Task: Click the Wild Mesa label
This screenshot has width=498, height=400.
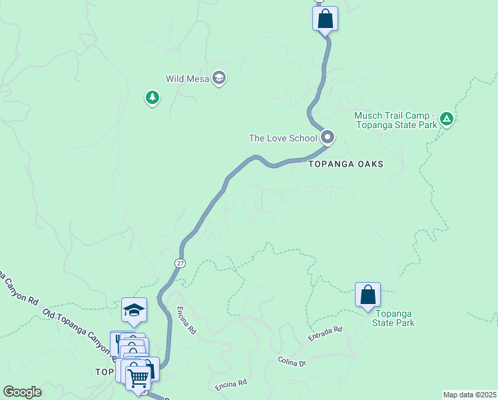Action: click(x=184, y=79)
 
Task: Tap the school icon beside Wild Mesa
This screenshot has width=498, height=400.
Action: click(x=218, y=79)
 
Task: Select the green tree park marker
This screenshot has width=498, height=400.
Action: click(x=152, y=99)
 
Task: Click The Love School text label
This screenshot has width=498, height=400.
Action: click(x=283, y=139)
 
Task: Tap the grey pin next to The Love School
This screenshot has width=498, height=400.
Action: click(x=327, y=137)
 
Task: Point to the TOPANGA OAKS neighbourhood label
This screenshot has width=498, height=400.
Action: click(x=346, y=164)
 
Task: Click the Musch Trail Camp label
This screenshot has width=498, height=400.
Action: click(x=395, y=120)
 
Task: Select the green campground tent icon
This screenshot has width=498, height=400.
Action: click(x=447, y=120)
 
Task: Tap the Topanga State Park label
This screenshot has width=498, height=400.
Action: click(x=395, y=318)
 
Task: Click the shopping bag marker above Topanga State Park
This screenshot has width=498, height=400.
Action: click(x=368, y=295)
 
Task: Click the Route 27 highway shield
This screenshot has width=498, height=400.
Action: click(x=180, y=263)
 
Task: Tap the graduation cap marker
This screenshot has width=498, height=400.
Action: click(x=134, y=311)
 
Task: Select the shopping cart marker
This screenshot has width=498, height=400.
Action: click(x=138, y=378)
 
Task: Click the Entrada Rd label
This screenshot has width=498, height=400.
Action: click(x=325, y=334)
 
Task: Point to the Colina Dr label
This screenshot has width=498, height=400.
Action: click(x=293, y=362)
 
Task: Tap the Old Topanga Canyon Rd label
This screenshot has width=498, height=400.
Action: click(x=73, y=326)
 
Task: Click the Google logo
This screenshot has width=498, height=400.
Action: click(x=22, y=392)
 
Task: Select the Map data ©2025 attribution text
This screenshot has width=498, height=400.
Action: click(x=469, y=395)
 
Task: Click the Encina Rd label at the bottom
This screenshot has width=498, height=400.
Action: click(x=232, y=385)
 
